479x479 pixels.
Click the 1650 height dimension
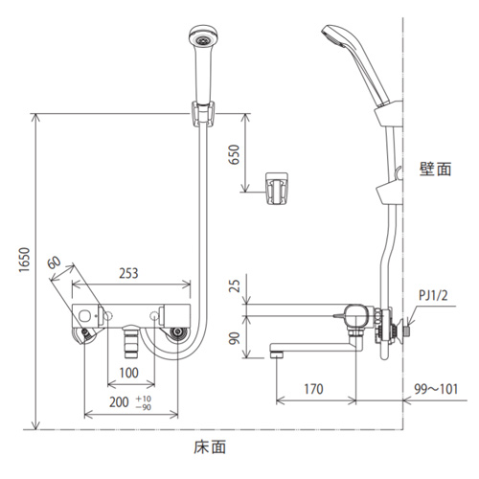coord(24,260)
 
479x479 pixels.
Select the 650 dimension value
coord(234,154)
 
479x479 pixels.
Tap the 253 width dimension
coord(128,273)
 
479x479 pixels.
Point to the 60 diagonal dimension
coord(54,262)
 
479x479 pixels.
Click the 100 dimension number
coord(128,373)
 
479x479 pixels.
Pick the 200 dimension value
coord(119,402)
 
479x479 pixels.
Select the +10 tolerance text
coord(144,399)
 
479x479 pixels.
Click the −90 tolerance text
coord(144,407)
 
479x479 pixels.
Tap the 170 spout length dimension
coord(313,389)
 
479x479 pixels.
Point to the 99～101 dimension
coord(436,389)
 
